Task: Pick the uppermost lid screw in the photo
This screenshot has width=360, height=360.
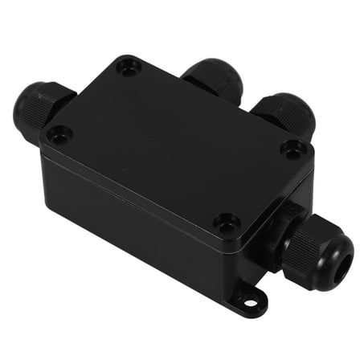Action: tap(129, 67)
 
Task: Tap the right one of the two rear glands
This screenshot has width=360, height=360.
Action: tap(283, 112)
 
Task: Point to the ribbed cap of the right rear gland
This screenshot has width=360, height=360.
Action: tap(286, 108)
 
